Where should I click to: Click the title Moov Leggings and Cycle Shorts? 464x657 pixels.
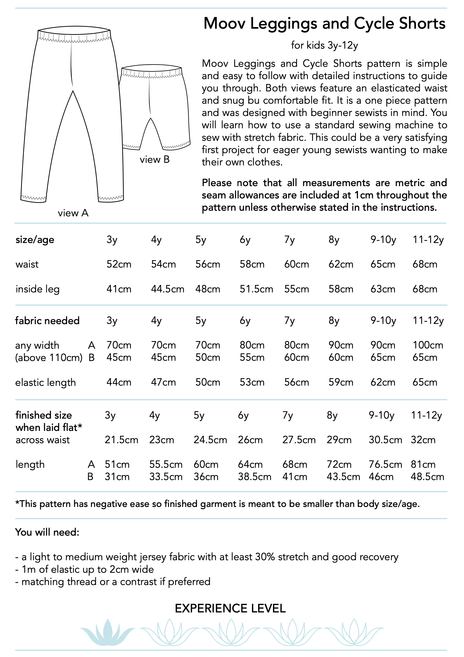(x=324, y=24)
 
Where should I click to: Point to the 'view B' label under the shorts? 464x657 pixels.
(x=155, y=160)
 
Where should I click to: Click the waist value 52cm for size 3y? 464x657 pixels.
(x=119, y=264)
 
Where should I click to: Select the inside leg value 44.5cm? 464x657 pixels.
(x=167, y=289)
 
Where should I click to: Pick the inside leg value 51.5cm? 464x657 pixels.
(x=256, y=289)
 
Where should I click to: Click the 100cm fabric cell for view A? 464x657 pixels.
(x=428, y=345)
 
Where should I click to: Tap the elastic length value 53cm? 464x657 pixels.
(x=252, y=382)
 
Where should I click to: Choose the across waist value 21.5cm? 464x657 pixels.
(x=121, y=440)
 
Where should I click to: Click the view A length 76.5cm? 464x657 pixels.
(x=385, y=464)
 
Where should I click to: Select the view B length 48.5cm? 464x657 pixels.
(x=427, y=477)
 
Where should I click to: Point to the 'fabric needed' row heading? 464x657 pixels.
(x=47, y=321)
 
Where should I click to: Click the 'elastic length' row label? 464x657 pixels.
(x=46, y=383)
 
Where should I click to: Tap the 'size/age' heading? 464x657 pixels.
(x=35, y=240)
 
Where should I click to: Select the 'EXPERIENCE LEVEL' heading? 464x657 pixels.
(x=230, y=608)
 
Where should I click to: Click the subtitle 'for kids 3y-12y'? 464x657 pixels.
(x=324, y=45)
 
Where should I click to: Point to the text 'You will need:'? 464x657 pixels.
(x=47, y=532)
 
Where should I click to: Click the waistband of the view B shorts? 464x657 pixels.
(x=152, y=69)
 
